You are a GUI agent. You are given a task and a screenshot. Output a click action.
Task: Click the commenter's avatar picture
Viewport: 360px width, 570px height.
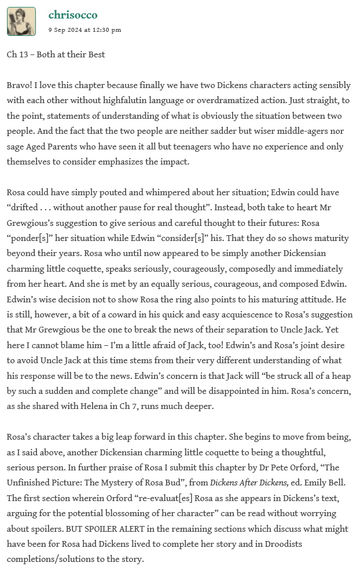[21, 21]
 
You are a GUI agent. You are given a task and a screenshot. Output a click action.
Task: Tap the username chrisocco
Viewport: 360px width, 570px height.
[73, 15]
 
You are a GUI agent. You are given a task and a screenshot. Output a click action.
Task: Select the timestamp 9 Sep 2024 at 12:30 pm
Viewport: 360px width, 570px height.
[85, 30]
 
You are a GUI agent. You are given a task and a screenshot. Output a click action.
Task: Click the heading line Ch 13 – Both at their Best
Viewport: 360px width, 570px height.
[56, 54]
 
